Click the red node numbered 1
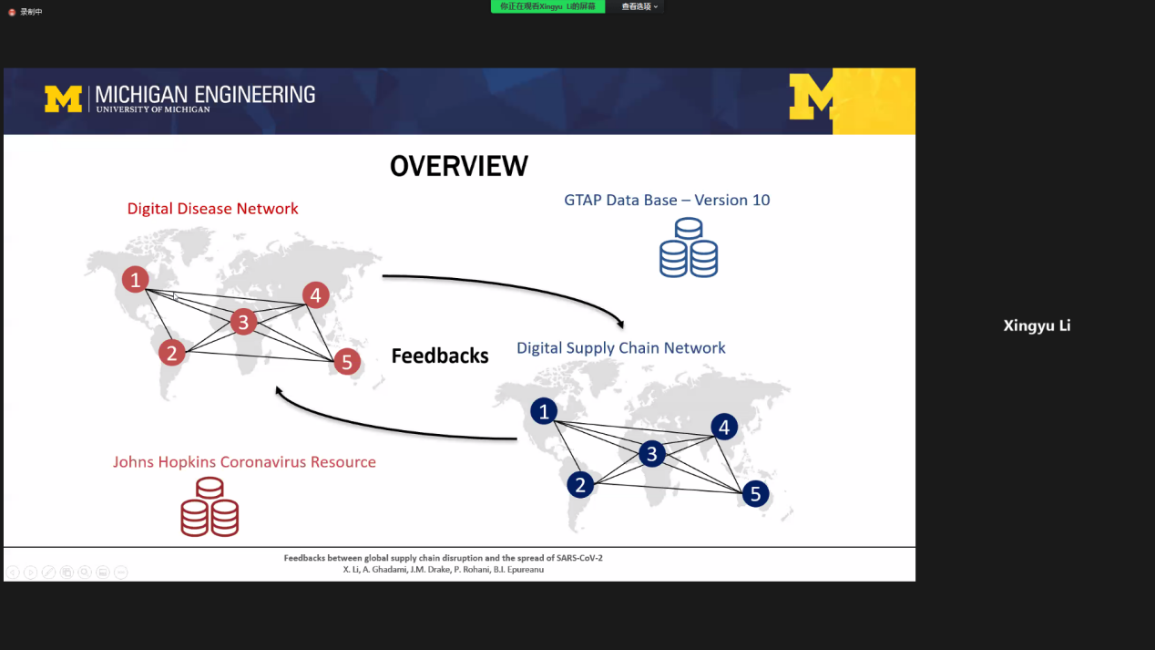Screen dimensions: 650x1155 136,279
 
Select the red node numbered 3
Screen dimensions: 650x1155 242,322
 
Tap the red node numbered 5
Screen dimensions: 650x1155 346,362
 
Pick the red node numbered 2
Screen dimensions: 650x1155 172,352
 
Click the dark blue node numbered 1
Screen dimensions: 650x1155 544,412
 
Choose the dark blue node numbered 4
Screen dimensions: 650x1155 724,427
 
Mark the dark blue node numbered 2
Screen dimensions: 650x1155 581,484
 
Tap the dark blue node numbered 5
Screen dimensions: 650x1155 755,494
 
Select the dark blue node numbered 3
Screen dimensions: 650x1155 651,453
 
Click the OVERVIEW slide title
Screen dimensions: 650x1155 459,166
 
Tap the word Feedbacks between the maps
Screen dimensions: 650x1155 440,356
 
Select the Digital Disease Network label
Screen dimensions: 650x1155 212,209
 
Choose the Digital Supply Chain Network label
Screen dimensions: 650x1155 621,347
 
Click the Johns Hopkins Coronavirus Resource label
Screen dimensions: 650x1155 244,461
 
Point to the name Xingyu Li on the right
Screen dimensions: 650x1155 1037,325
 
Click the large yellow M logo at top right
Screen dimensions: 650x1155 813,97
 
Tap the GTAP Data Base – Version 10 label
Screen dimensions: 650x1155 667,200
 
